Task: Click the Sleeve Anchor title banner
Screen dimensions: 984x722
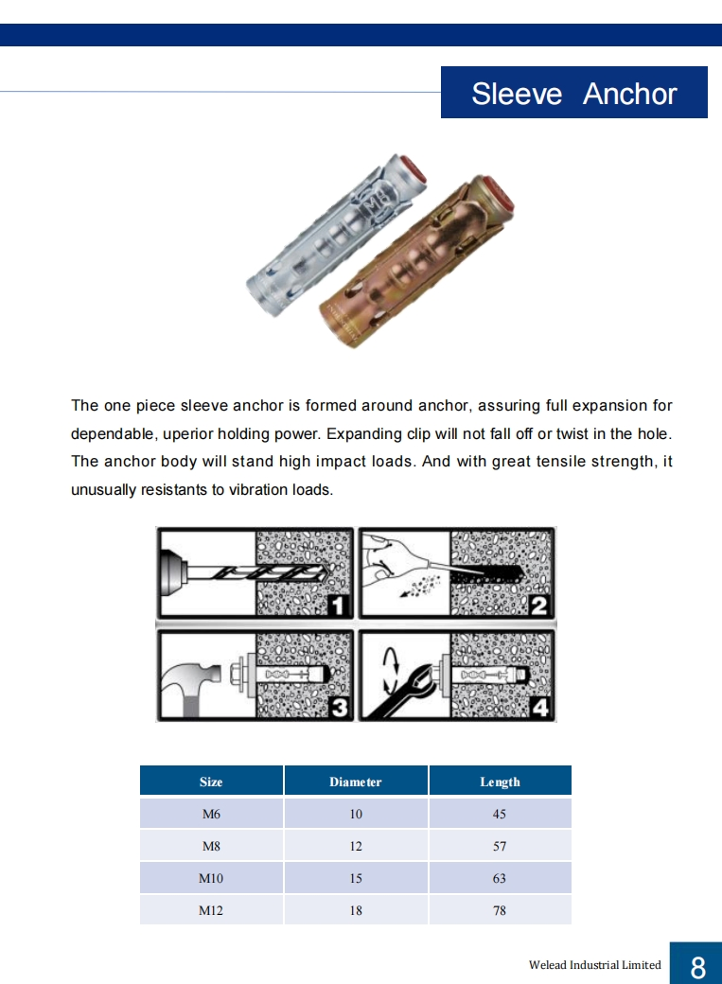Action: pyautogui.click(x=573, y=93)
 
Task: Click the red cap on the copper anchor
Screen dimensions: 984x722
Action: pyautogui.click(x=498, y=196)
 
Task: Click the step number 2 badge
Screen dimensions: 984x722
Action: pyautogui.click(x=539, y=605)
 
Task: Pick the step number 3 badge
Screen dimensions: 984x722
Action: pyautogui.click(x=338, y=707)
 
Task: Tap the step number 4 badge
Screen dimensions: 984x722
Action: pyautogui.click(x=540, y=707)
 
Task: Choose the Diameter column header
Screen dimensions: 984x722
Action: pyautogui.click(x=356, y=782)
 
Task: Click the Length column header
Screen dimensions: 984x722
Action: pyautogui.click(x=500, y=782)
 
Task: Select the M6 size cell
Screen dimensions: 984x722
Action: pyautogui.click(x=211, y=814)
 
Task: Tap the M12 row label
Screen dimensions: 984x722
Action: pyautogui.click(x=211, y=910)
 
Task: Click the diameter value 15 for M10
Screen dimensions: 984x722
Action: pyautogui.click(x=356, y=878)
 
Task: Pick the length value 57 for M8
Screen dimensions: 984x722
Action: pyautogui.click(x=500, y=846)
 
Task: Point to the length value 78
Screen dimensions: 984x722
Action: pyautogui.click(x=500, y=910)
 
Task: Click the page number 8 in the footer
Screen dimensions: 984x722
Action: pyautogui.click(x=697, y=966)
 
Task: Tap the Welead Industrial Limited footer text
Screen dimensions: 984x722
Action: pyautogui.click(x=594, y=965)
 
